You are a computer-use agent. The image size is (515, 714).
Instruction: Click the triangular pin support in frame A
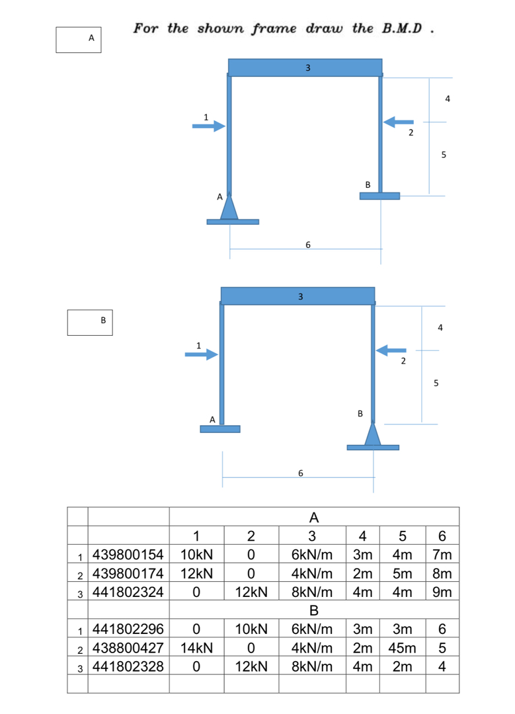pos(229,207)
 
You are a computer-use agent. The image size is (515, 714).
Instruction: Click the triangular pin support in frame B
pos(373,434)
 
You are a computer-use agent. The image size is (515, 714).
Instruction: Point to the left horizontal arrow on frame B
pos(201,355)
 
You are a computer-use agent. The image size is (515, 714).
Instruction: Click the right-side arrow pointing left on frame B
pos(391,350)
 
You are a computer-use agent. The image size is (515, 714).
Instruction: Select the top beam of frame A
pos(305,67)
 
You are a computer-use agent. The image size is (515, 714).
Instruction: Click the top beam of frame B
pos(297,296)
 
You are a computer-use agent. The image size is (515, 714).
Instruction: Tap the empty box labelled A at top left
pos(78,39)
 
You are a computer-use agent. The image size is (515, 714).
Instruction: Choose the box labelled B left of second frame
pos(90,321)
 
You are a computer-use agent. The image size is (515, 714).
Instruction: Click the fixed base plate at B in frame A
pos(380,196)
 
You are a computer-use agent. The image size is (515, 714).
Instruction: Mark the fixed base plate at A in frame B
pos(220,428)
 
